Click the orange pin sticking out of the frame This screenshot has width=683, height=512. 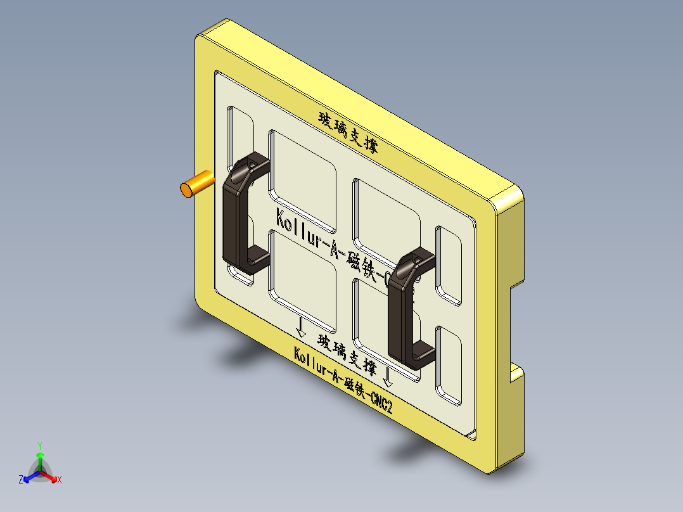tap(196, 184)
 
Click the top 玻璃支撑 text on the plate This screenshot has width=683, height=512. tap(348, 132)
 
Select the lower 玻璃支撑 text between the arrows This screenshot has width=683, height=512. tap(347, 354)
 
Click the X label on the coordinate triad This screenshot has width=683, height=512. tap(60, 480)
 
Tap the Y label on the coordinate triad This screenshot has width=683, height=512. tap(40, 445)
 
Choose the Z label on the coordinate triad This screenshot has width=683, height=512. tap(21, 480)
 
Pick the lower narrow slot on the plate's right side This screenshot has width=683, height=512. tap(449, 364)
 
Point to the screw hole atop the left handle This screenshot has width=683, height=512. tap(253, 166)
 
